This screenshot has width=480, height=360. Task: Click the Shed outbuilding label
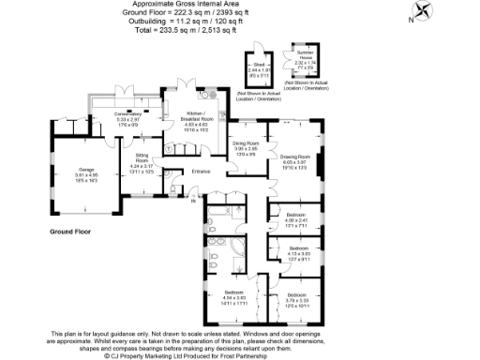tap(257, 66)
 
